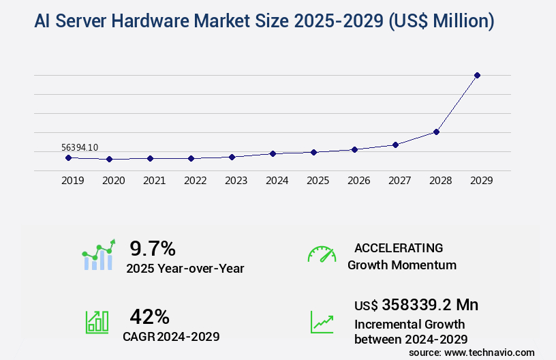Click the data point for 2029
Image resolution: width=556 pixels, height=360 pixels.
[x=477, y=75]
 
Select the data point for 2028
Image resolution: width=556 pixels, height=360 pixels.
[x=436, y=132]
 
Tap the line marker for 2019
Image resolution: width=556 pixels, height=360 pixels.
[x=68, y=157]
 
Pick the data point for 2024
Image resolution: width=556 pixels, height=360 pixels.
[x=273, y=153]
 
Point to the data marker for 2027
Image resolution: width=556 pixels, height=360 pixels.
[x=395, y=145]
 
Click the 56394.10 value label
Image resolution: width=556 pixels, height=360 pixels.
[x=80, y=147]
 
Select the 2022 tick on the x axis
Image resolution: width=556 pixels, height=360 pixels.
[x=195, y=181]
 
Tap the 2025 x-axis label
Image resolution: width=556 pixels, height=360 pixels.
[x=318, y=181]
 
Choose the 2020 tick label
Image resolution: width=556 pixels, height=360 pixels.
[x=113, y=181]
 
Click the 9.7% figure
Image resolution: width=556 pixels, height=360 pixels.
[x=153, y=248]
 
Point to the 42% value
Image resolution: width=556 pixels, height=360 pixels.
[x=149, y=316]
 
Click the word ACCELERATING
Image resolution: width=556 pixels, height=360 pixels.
[x=399, y=248]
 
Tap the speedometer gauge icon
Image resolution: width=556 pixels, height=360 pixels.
[x=322, y=254]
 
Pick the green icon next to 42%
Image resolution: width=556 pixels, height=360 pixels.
[x=97, y=322]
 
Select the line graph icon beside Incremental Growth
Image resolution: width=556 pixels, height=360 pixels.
[x=322, y=322]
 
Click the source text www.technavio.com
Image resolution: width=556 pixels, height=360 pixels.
[x=489, y=352]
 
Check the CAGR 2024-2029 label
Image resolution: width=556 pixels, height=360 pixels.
[x=171, y=336]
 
